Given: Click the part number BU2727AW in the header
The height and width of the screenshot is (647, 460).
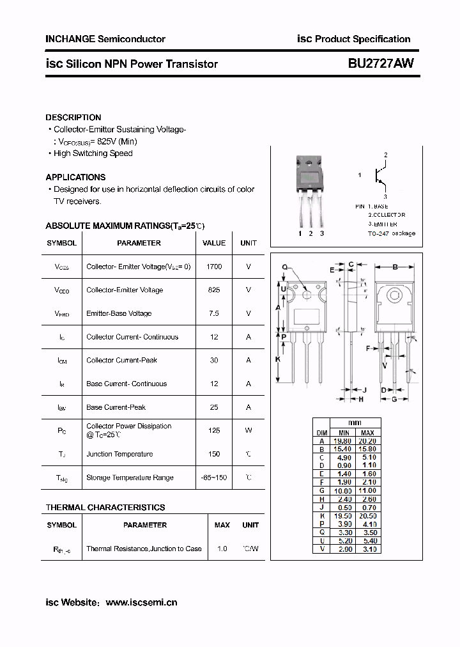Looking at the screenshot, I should [381, 63].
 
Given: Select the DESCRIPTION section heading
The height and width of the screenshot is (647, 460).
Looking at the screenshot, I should [73, 118].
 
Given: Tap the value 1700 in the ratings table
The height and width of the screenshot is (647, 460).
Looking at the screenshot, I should [214, 267].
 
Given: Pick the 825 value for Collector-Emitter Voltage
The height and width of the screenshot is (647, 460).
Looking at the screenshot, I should [214, 290].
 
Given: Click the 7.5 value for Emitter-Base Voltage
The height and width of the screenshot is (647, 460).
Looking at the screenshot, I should [214, 314].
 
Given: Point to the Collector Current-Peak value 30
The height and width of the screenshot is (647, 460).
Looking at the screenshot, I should [214, 361].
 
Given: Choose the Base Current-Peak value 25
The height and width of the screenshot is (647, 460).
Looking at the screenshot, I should [214, 407].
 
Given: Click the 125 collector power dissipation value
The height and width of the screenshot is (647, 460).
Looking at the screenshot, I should [214, 431].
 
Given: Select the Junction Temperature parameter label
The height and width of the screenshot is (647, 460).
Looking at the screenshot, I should [119, 455].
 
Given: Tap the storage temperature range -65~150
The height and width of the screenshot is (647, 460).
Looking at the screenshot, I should [214, 478].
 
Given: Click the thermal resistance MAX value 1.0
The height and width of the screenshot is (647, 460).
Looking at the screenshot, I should [222, 549].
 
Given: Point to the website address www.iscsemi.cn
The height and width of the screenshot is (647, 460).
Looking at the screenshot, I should [141, 602].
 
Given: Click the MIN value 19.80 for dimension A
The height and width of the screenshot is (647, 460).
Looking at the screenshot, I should [344, 440].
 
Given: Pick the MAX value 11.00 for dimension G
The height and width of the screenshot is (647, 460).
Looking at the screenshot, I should [368, 490].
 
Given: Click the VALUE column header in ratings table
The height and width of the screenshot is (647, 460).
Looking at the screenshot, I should [214, 243].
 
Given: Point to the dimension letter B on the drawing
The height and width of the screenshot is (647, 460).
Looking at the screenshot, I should [395, 267].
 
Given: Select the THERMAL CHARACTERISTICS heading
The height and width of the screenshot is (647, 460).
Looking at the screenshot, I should [105, 508].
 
